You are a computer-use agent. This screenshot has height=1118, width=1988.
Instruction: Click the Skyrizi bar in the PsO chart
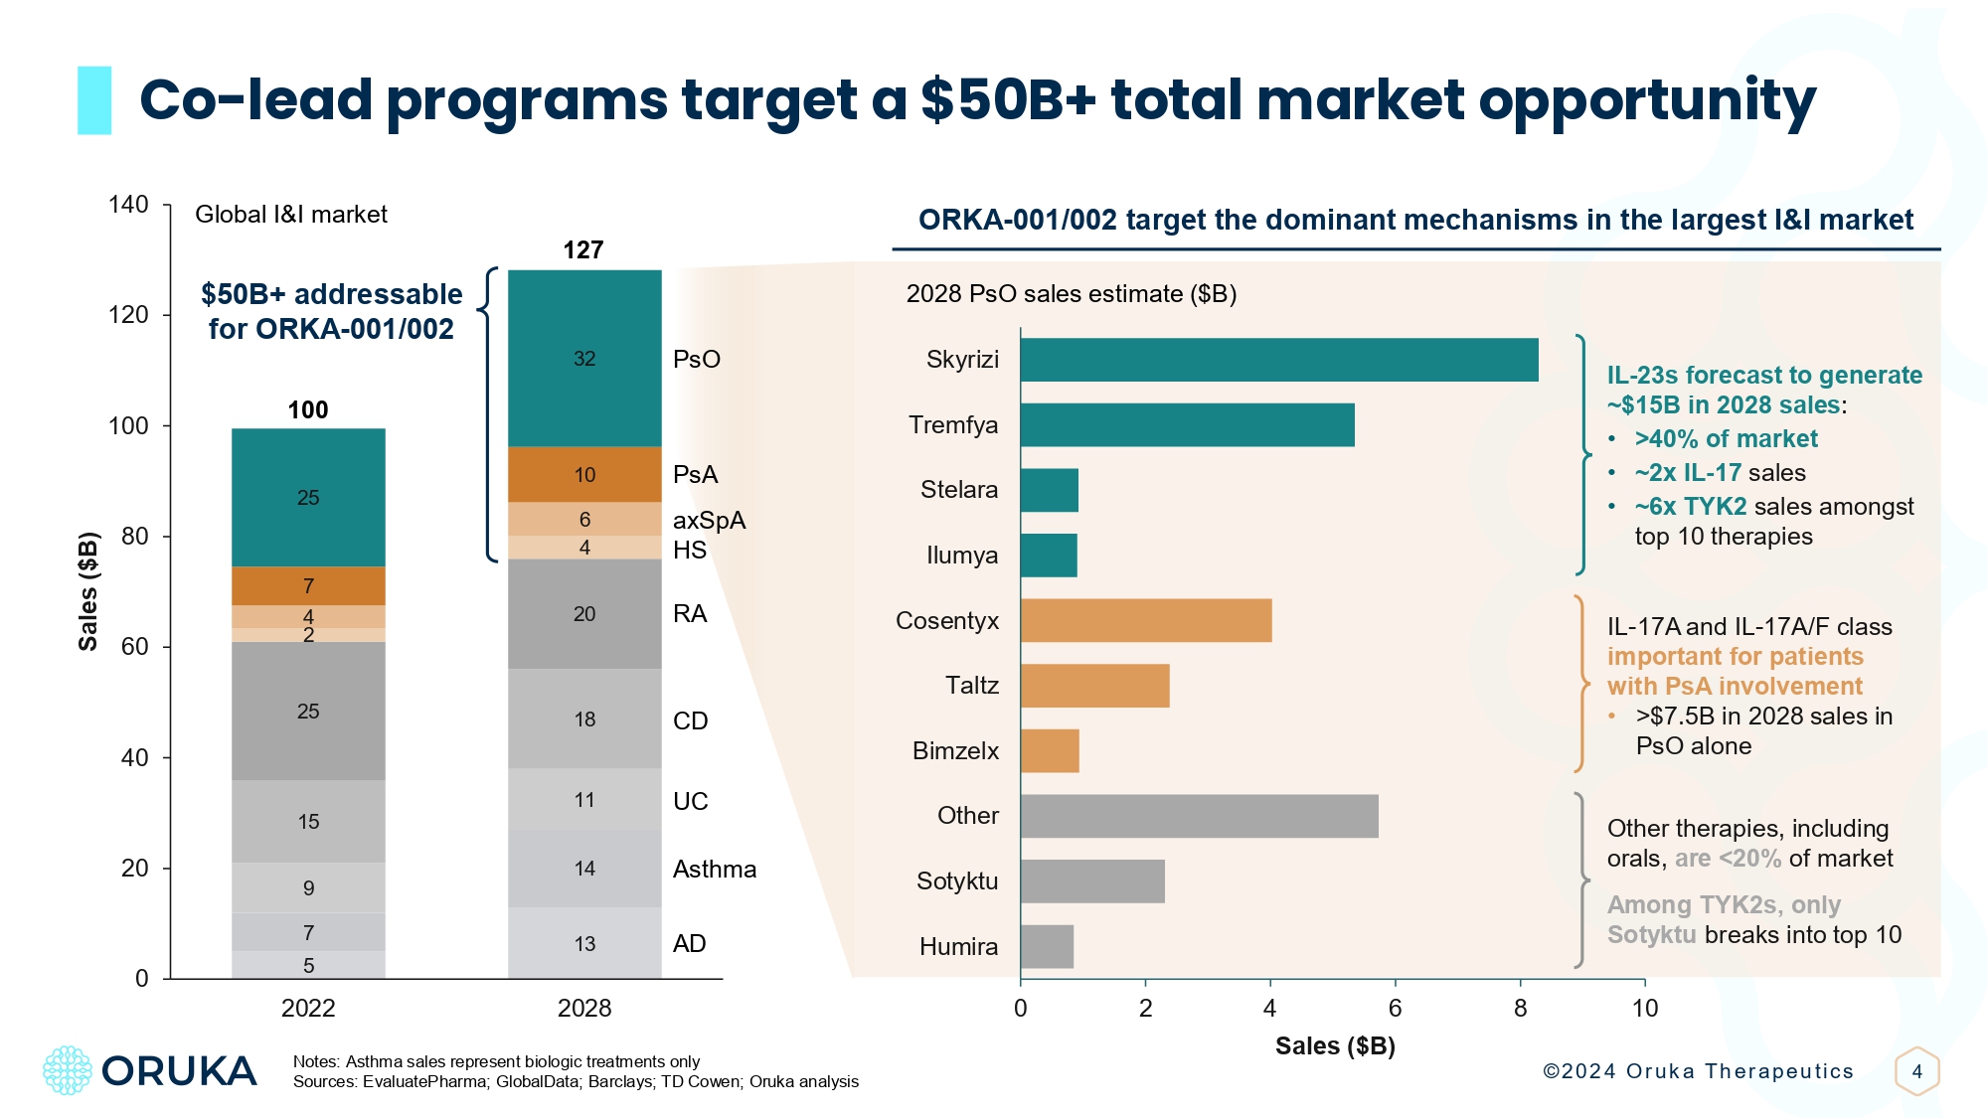pyautogui.click(x=1278, y=360)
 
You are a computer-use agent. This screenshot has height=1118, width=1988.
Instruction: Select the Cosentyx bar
pyautogui.click(x=1145, y=620)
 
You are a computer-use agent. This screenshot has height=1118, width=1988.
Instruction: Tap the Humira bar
pyautogui.click(x=1047, y=946)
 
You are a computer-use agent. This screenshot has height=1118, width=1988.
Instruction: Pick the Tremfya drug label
pyautogui.click(x=952, y=425)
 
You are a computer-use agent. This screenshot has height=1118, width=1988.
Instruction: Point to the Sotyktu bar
pyautogui.click(x=1091, y=881)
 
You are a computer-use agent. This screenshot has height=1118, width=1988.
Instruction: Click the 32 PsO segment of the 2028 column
pyautogui.click(x=584, y=359)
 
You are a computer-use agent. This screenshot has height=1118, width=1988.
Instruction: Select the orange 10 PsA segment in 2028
pyautogui.click(x=584, y=475)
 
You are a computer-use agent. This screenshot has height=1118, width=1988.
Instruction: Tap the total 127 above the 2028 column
pyautogui.click(x=583, y=250)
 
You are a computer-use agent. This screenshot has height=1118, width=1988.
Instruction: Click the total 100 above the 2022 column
pyautogui.click(x=308, y=410)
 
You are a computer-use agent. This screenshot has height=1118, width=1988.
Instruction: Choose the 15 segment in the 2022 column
pyautogui.click(x=308, y=822)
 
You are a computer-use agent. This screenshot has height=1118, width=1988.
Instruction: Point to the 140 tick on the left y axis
pyautogui.click(x=129, y=205)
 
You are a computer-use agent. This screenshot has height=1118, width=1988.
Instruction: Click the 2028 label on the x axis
pyautogui.click(x=584, y=1008)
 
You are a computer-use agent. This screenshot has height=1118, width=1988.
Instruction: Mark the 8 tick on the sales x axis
pyautogui.click(x=1520, y=1008)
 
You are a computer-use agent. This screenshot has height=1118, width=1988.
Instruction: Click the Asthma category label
pyautogui.click(x=714, y=870)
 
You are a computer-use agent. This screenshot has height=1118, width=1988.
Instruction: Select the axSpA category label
pyautogui.click(x=709, y=521)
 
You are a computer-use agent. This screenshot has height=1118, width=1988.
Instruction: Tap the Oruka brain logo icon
pyautogui.click(x=68, y=1070)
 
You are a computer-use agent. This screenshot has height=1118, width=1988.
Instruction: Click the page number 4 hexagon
pyautogui.click(x=1916, y=1071)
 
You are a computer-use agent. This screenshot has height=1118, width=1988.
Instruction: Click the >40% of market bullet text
pyautogui.click(x=1726, y=439)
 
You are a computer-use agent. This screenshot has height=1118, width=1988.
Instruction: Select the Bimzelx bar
pyautogui.click(x=1050, y=751)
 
